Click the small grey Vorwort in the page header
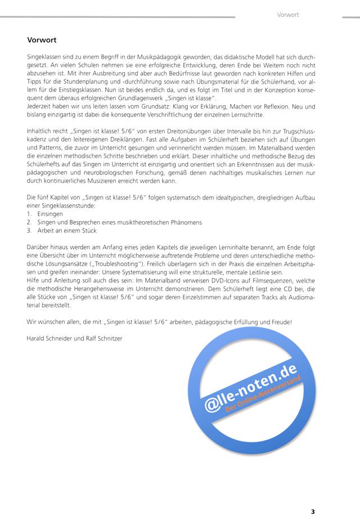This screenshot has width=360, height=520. pos(287,14)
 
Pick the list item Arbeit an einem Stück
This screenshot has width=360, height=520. pos(67,230)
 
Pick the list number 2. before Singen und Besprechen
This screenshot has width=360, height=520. pos(29,222)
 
